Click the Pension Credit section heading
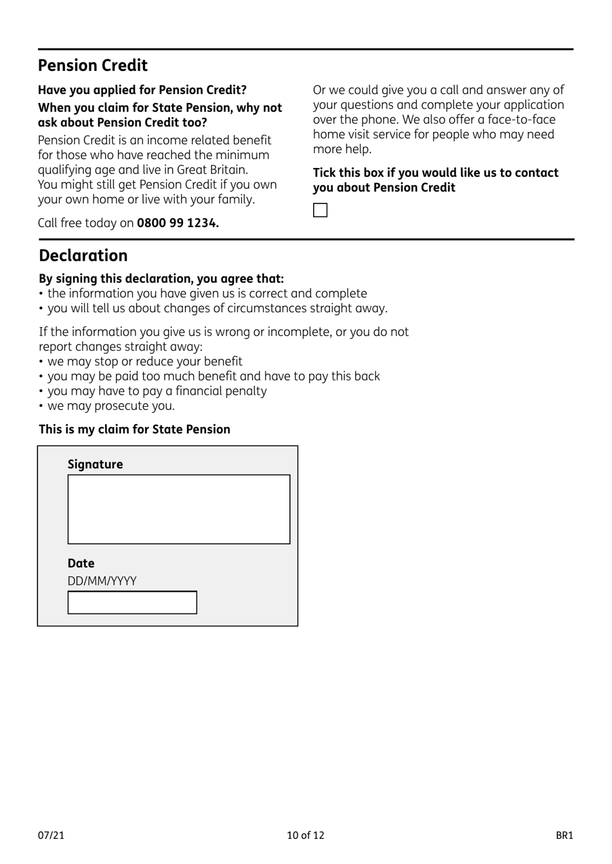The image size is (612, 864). tap(93, 66)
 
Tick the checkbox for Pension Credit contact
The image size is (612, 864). tap(320, 211)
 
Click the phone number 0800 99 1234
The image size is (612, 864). tap(178, 223)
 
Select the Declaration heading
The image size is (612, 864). tap(83, 256)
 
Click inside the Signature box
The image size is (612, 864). tap(178, 509)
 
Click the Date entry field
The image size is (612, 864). tap(132, 603)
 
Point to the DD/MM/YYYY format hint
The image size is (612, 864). tap(102, 581)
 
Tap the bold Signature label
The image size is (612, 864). tap(95, 464)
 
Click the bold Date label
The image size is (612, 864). tap(81, 563)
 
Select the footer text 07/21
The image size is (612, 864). tap(51, 835)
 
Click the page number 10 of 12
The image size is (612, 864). tap(305, 835)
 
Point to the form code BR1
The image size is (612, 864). tap(564, 835)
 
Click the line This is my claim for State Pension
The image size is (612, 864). tap(134, 429)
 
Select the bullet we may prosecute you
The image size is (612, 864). tap(111, 406)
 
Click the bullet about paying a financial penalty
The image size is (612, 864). tap(157, 391)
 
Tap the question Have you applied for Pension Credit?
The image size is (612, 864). tap(142, 90)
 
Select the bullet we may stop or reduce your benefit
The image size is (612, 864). tap(144, 361)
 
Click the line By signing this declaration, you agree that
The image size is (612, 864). tap(161, 279)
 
